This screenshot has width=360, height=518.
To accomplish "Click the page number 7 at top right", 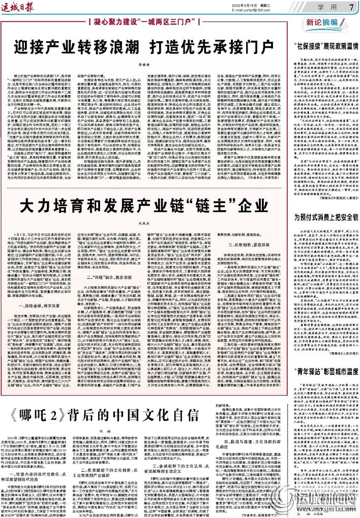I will tap(351, 7).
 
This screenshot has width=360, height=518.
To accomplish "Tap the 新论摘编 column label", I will tap(325, 23).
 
